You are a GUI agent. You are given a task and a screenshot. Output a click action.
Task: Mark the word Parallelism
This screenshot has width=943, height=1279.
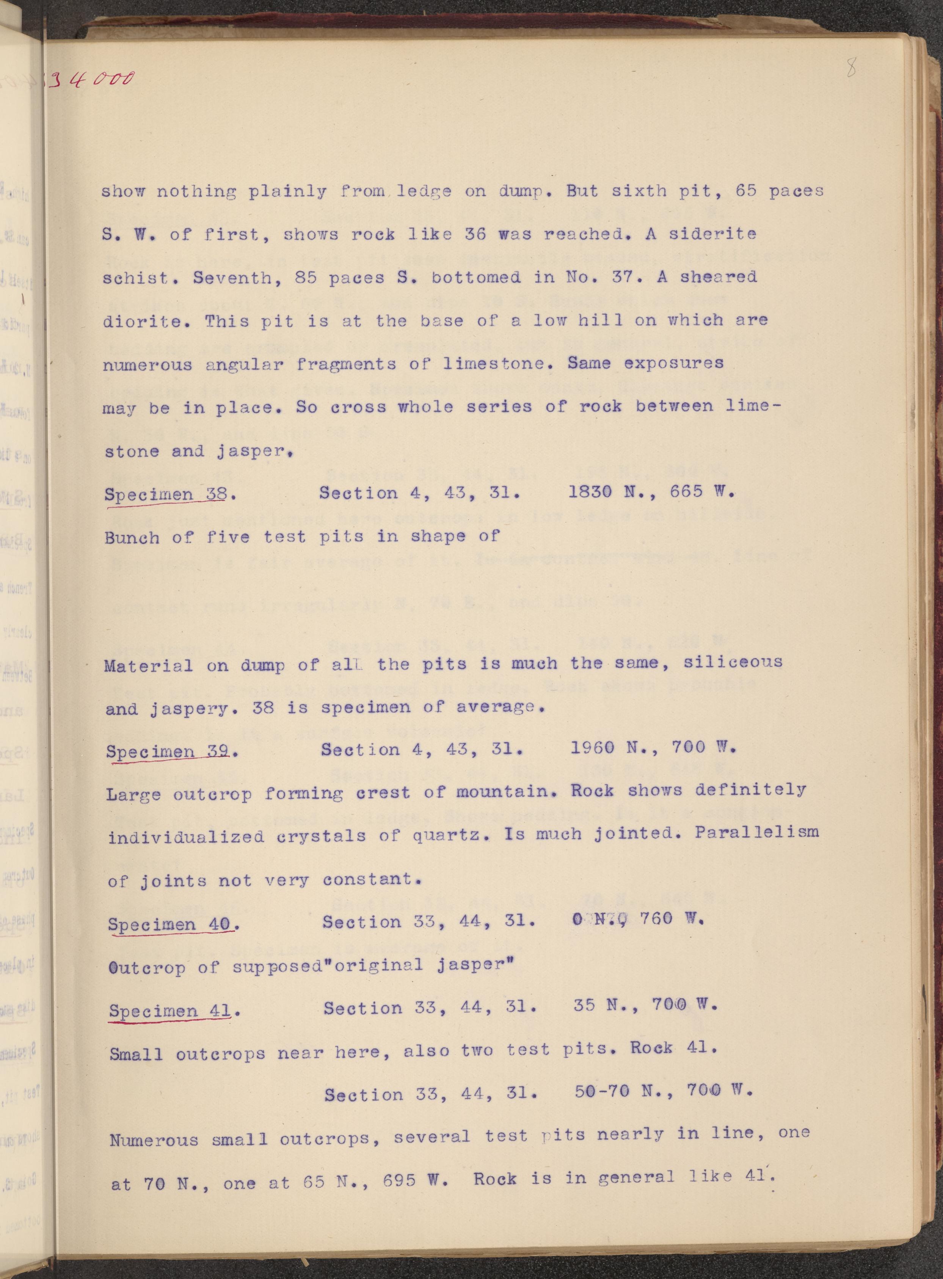point(756,833)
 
